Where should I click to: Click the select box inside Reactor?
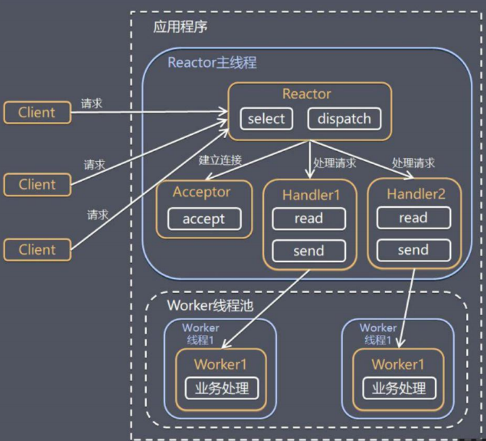click(266, 119)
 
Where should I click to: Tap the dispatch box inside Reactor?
click(343, 119)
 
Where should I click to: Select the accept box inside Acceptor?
click(204, 219)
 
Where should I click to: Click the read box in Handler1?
click(308, 219)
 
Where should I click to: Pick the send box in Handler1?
click(308, 250)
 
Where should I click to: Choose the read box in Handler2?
click(412, 218)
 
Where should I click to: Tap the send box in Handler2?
click(412, 249)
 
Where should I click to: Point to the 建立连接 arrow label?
click(220, 160)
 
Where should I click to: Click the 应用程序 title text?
click(180, 27)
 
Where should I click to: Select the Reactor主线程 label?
click(212, 63)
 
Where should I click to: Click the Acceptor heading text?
click(201, 192)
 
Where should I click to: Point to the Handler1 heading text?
click(311, 195)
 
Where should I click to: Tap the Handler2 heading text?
click(414, 193)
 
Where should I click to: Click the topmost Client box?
click(36, 112)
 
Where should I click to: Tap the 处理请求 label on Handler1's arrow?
click(335, 163)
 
